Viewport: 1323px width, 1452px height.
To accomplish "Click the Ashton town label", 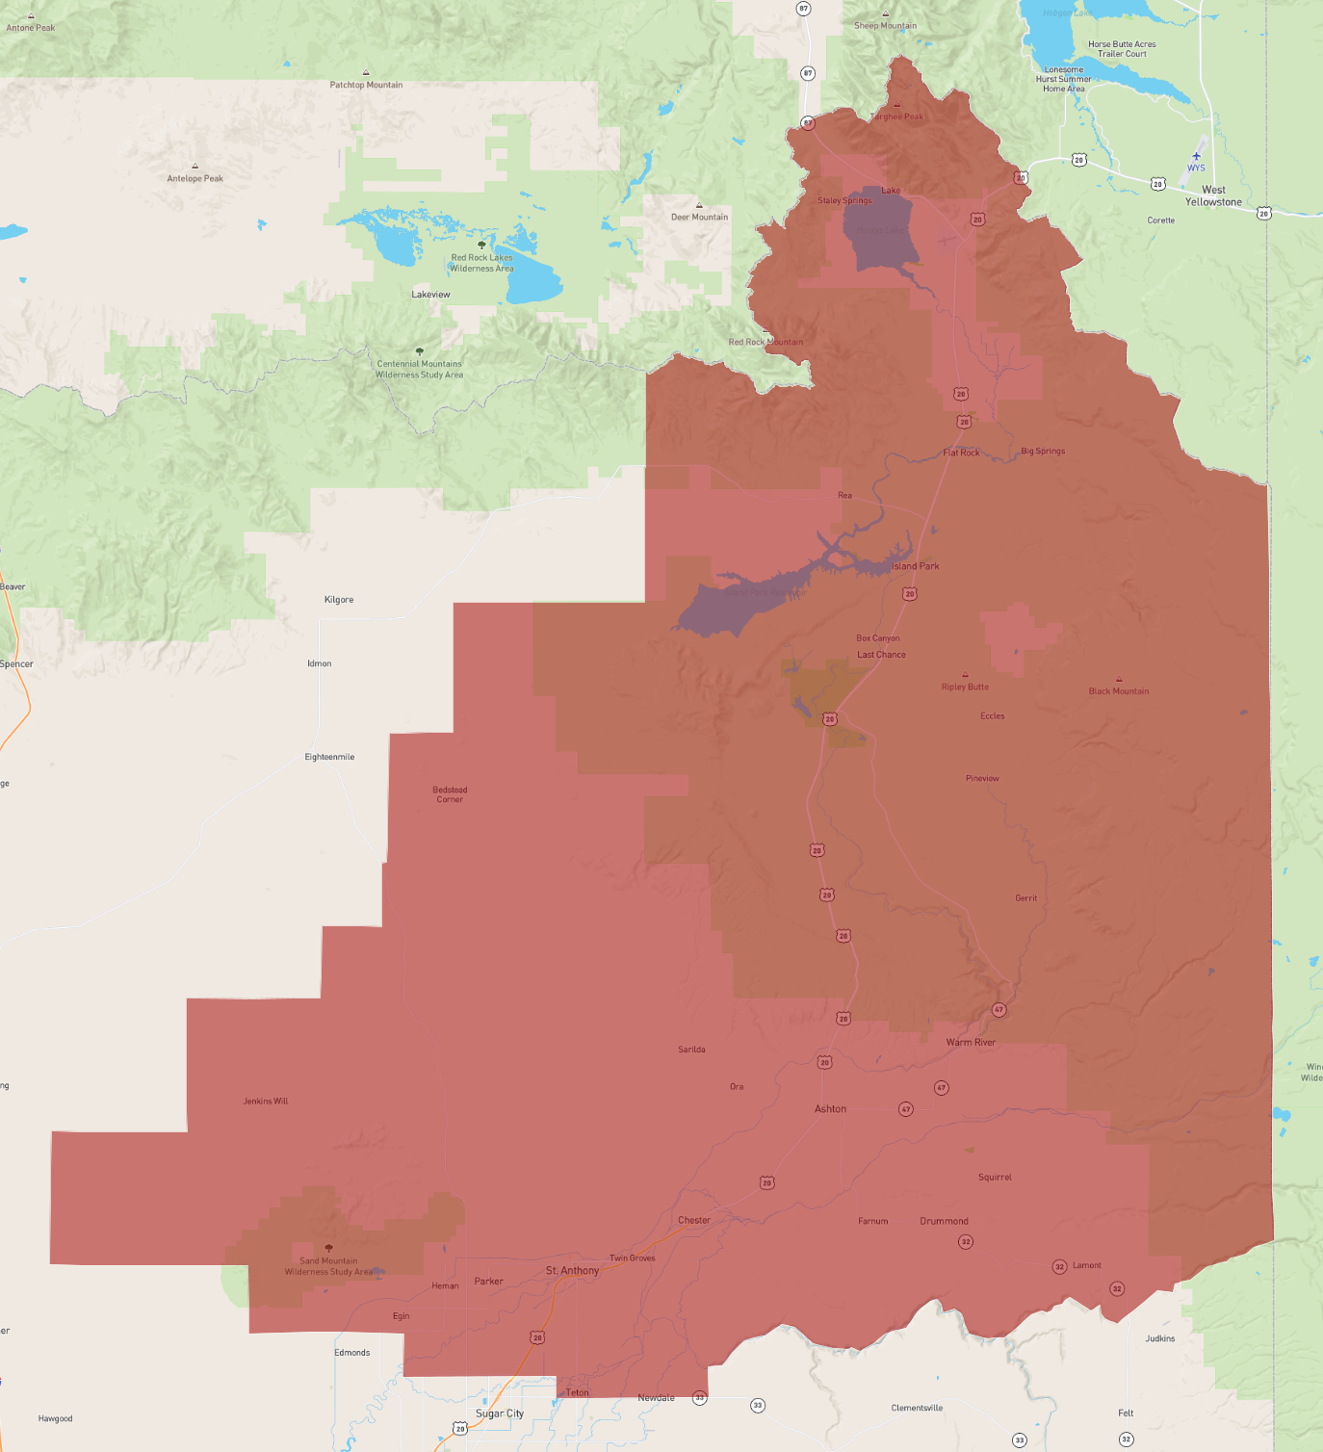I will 830,1109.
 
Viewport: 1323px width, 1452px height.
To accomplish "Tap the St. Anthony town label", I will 572,1271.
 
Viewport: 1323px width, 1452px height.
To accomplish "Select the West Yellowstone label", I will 1213,196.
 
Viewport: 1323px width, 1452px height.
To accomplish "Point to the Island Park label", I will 915,566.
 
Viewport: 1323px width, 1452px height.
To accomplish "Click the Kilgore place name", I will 339,600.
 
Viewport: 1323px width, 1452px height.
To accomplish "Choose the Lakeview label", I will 430,295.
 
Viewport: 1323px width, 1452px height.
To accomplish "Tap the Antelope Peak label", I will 195,178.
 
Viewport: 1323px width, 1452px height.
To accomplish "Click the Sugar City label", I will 500,1413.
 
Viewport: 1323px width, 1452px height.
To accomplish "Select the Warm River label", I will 971,1043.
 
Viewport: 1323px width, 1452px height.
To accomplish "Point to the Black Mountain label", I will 1118,691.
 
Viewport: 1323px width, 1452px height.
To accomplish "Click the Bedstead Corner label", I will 450,794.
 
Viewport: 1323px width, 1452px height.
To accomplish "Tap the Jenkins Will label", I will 266,1102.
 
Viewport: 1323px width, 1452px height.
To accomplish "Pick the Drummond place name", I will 944,1221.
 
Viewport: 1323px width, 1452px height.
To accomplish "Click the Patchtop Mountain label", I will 366,85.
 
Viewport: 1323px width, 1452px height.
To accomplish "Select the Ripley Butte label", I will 965,687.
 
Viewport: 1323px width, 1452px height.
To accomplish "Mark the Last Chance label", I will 881,655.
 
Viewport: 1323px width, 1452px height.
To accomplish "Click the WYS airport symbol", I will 1196,156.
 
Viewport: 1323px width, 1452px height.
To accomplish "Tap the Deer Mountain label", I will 699,217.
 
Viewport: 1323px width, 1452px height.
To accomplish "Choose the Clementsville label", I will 917,1408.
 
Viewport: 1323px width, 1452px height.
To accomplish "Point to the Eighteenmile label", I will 329,757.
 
